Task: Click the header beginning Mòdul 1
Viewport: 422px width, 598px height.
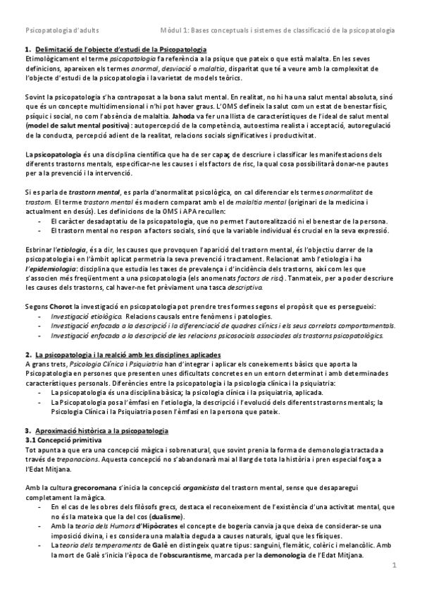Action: [278, 32]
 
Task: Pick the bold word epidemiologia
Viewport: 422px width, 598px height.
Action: [49, 267]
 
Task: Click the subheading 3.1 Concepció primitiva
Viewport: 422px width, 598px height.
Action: [60, 439]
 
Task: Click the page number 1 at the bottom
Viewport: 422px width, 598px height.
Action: [395, 566]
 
